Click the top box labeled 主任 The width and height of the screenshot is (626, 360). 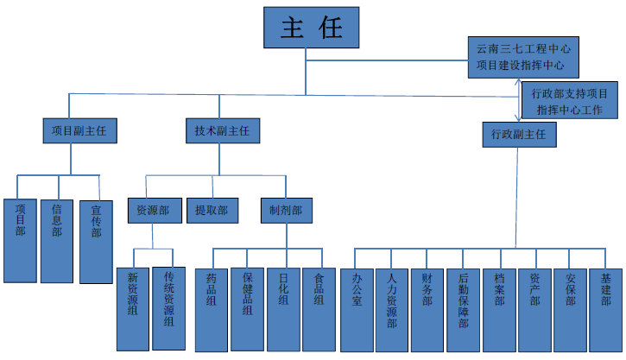[x=312, y=28]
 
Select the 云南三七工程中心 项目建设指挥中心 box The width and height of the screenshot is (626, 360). [x=522, y=56]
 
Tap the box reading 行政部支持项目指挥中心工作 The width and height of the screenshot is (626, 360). [x=570, y=100]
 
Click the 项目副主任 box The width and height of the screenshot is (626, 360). [x=79, y=131]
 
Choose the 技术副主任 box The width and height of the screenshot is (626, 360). [x=221, y=131]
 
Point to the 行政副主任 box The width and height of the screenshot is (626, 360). [x=518, y=135]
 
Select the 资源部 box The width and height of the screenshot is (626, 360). [x=154, y=211]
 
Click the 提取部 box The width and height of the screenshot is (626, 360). [x=212, y=211]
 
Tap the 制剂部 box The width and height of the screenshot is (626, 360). [x=285, y=211]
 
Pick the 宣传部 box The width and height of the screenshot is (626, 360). [x=96, y=241]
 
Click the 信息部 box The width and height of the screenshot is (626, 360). [x=57, y=240]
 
